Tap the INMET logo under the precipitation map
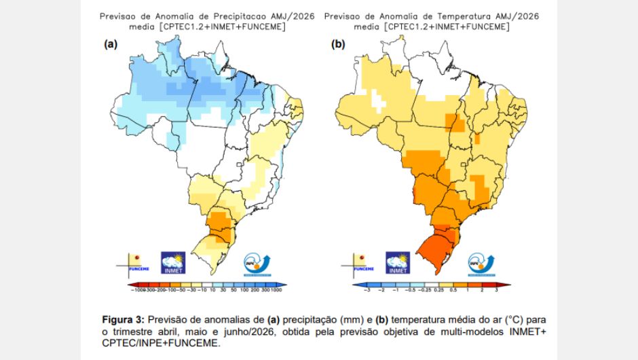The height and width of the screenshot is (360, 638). tap(173, 262)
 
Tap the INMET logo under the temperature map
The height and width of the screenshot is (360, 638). tap(398, 262)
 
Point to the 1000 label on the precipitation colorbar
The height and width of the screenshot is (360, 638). tap(276, 290)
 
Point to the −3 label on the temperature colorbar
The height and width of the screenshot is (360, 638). tap(367, 290)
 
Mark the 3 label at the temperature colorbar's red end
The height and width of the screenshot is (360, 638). tap(496, 290)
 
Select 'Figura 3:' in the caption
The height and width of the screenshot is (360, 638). tap(123, 319)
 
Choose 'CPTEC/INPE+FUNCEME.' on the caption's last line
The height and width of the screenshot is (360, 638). tap(161, 343)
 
